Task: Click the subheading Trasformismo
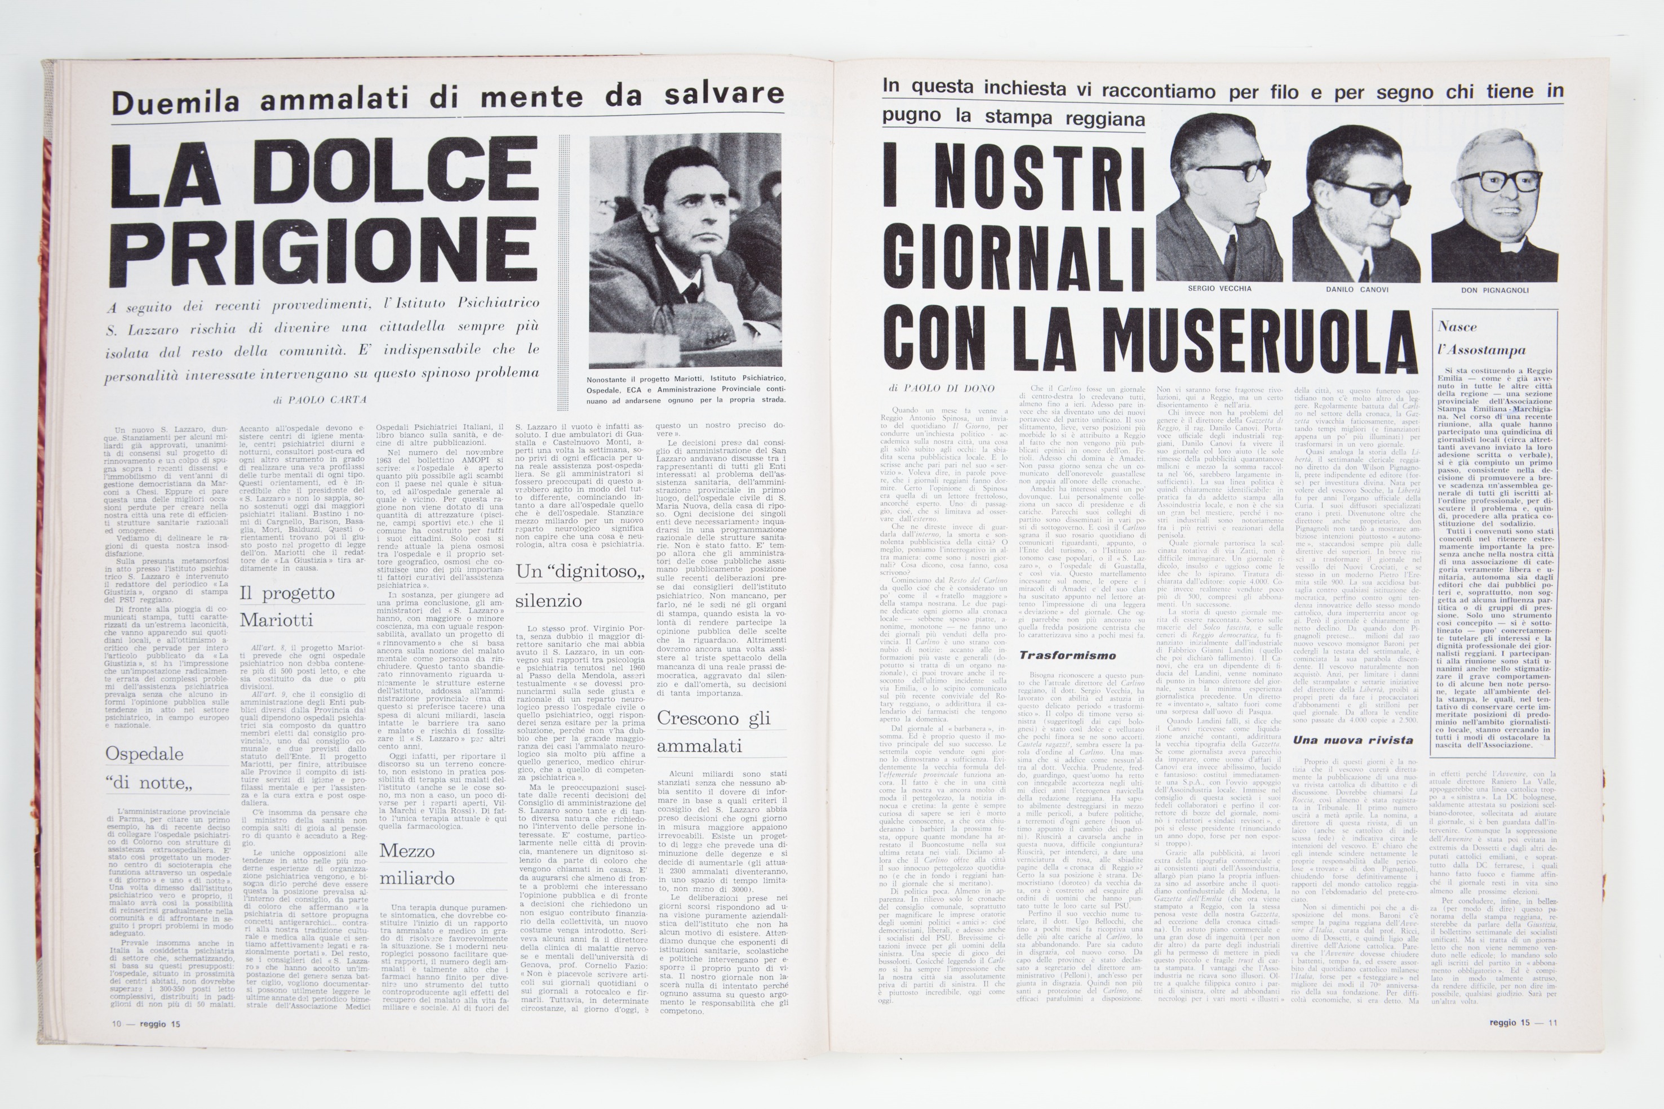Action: tap(1067, 656)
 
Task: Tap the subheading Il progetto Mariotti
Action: tap(286, 606)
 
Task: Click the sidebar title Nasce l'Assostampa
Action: tap(1481, 339)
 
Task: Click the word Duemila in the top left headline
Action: tap(175, 102)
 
